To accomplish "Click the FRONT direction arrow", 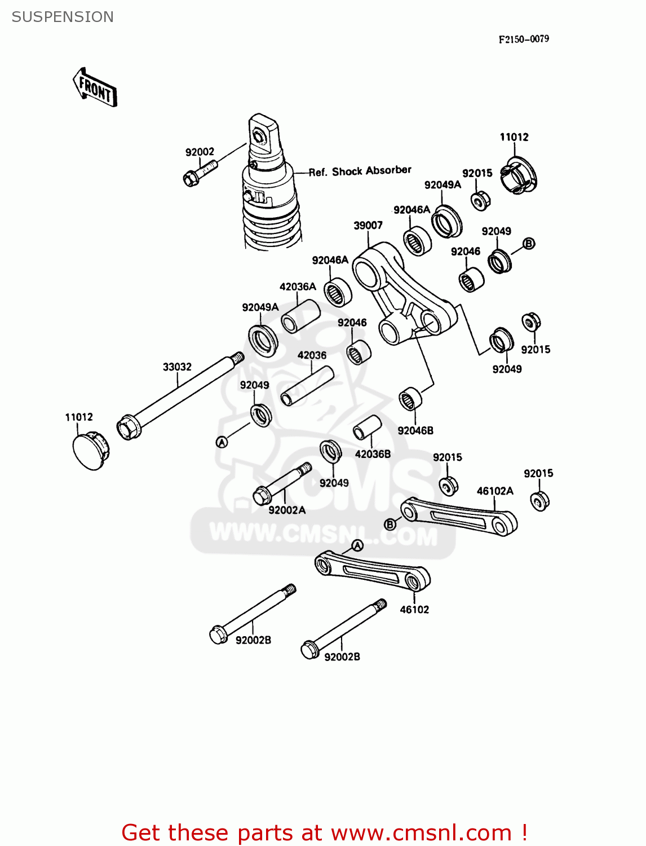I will (95, 88).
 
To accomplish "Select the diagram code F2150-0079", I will (523, 39).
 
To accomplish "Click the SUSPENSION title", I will (63, 17).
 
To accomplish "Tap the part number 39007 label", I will (368, 226).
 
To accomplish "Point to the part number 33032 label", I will (177, 367).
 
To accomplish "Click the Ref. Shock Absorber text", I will (360, 171).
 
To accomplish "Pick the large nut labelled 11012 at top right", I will (518, 175).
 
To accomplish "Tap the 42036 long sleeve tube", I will (307, 386).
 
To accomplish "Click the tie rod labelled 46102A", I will (459, 516).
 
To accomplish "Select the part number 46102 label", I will (414, 610).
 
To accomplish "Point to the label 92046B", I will (415, 431).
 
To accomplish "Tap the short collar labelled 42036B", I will (367, 428).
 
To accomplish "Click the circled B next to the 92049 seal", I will (529, 244).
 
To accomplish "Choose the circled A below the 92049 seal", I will (222, 443).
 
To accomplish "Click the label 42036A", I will (298, 287).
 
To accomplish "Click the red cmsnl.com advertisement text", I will (324, 832).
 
